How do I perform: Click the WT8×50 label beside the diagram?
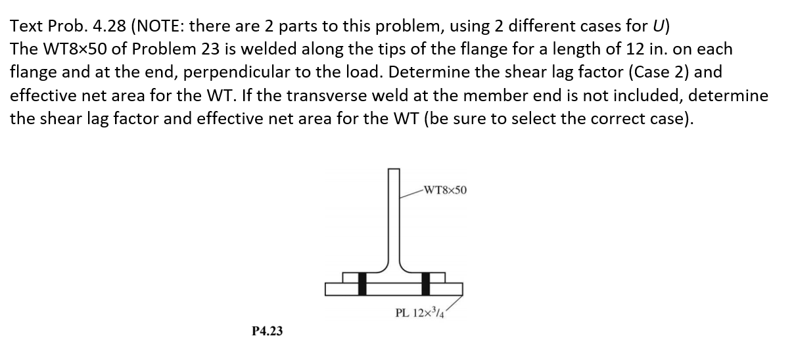445,191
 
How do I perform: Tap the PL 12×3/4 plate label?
420,313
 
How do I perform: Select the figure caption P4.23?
268,331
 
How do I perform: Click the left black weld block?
362,284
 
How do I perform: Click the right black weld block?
426,284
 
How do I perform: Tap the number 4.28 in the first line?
109,26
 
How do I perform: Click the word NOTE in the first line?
159,26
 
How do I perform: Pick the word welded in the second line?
264,49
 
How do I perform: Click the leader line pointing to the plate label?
454,304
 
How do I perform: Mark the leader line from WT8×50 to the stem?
411,194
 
